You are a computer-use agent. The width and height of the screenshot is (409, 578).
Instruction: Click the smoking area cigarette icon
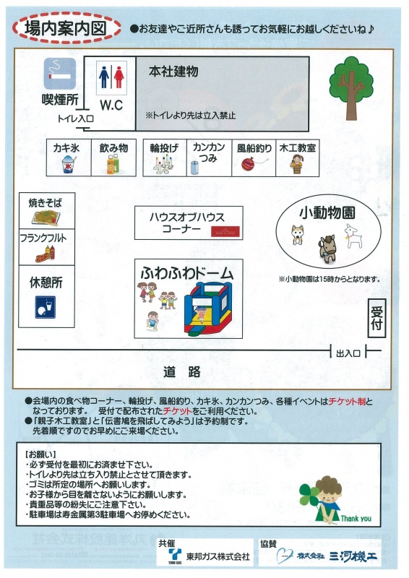click(x=60, y=74)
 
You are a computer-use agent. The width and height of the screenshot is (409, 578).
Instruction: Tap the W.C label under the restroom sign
click(x=111, y=105)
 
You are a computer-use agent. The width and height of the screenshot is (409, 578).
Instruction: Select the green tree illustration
click(x=351, y=88)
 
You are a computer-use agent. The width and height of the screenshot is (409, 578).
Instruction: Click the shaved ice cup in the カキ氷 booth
click(x=69, y=164)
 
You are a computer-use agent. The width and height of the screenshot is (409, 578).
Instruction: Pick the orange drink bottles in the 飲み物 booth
click(x=113, y=164)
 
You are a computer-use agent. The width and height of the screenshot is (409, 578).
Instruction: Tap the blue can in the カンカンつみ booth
click(x=194, y=168)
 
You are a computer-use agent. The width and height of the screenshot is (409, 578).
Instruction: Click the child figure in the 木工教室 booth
click(x=296, y=164)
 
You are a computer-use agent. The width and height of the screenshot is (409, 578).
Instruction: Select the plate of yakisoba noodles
click(x=46, y=217)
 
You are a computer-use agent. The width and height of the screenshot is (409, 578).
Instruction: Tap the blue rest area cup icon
click(x=46, y=307)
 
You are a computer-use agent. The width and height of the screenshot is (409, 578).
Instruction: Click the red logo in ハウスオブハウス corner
click(x=225, y=231)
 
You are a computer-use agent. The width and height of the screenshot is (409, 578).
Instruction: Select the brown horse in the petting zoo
click(x=327, y=249)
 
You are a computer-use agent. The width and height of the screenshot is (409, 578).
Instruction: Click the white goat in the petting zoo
click(x=353, y=236)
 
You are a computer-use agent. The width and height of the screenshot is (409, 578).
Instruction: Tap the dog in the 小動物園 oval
click(x=297, y=235)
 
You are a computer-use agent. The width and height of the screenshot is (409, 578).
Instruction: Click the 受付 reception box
click(x=377, y=318)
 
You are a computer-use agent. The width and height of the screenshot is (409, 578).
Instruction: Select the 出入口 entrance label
click(x=348, y=353)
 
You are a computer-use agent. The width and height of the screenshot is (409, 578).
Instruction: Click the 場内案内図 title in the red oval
click(x=66, y=28)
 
